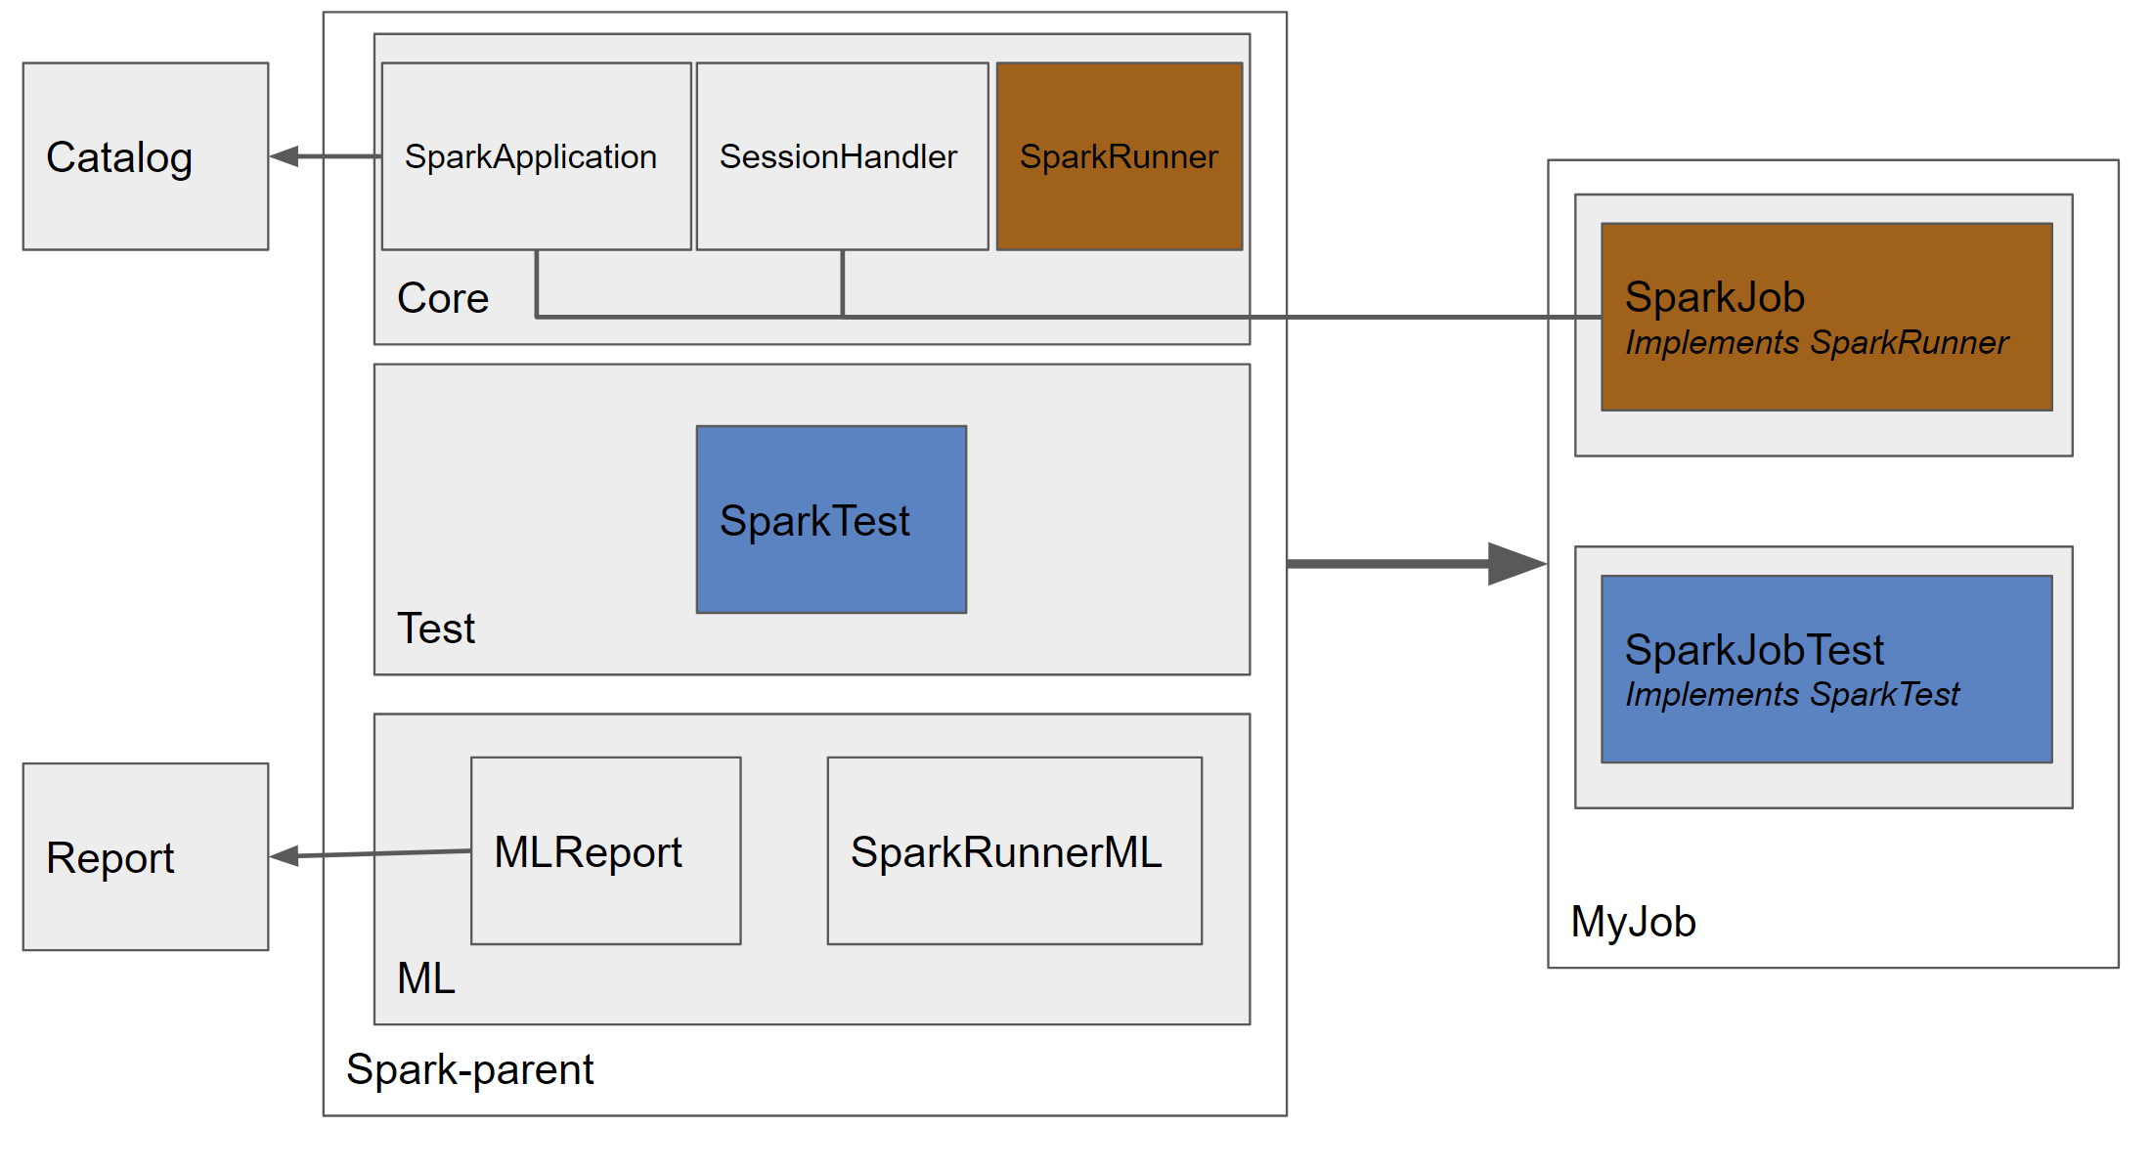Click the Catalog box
[146, 156]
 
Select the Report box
[146, 856]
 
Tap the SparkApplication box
[536, 156]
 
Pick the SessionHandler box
[842, 156]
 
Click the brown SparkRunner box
[1120, 156]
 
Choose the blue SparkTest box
[831, 519]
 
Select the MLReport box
[605, 850]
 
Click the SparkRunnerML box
[1014, 850]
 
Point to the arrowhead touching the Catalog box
[284, 156]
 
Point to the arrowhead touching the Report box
[284, 856]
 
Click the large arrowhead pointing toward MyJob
[1516, 564]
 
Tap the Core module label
[443, 298]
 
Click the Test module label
[436, 629]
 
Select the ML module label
[426, 978]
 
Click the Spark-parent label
[469, 1069]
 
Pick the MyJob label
[1633, 922]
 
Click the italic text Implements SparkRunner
[1816, 343]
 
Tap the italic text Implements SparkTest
[1791, 695]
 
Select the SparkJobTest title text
[1753, 650]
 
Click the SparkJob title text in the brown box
[1714, 297]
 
